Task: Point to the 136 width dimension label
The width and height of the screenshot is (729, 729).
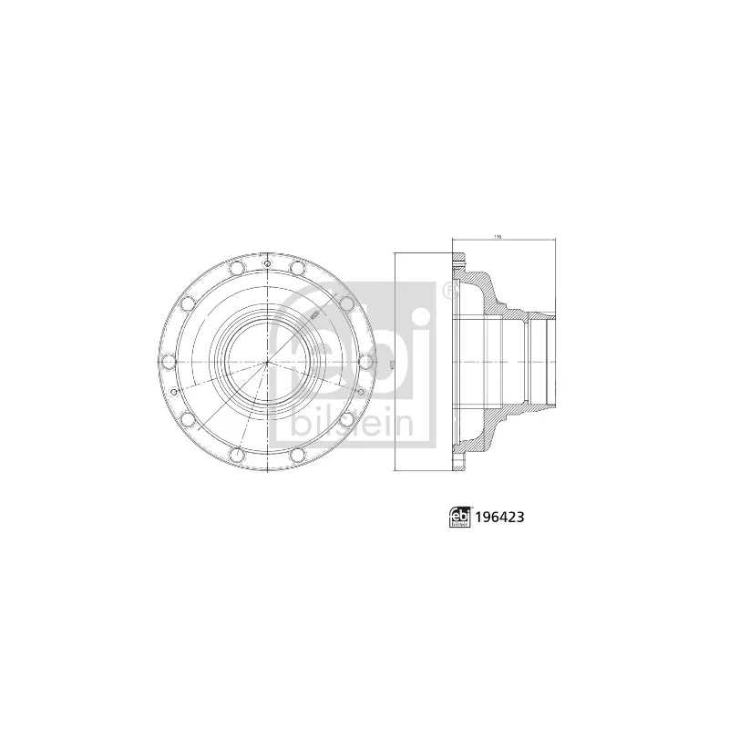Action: [x=498, y=238]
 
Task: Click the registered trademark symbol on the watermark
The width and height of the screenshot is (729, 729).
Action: [x=448, y=290]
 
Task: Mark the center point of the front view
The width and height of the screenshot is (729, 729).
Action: [x=267, y=363]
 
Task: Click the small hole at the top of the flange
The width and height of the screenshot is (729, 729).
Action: [x=267, y=264]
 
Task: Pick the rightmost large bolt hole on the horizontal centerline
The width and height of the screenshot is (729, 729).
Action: [x=367, y=363]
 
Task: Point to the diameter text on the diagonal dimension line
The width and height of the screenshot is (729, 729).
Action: [x=312, y=313]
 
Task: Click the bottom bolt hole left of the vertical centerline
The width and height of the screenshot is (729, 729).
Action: [x=236, y=457]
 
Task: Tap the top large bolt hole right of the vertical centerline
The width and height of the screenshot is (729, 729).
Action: [x=298, y=268]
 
